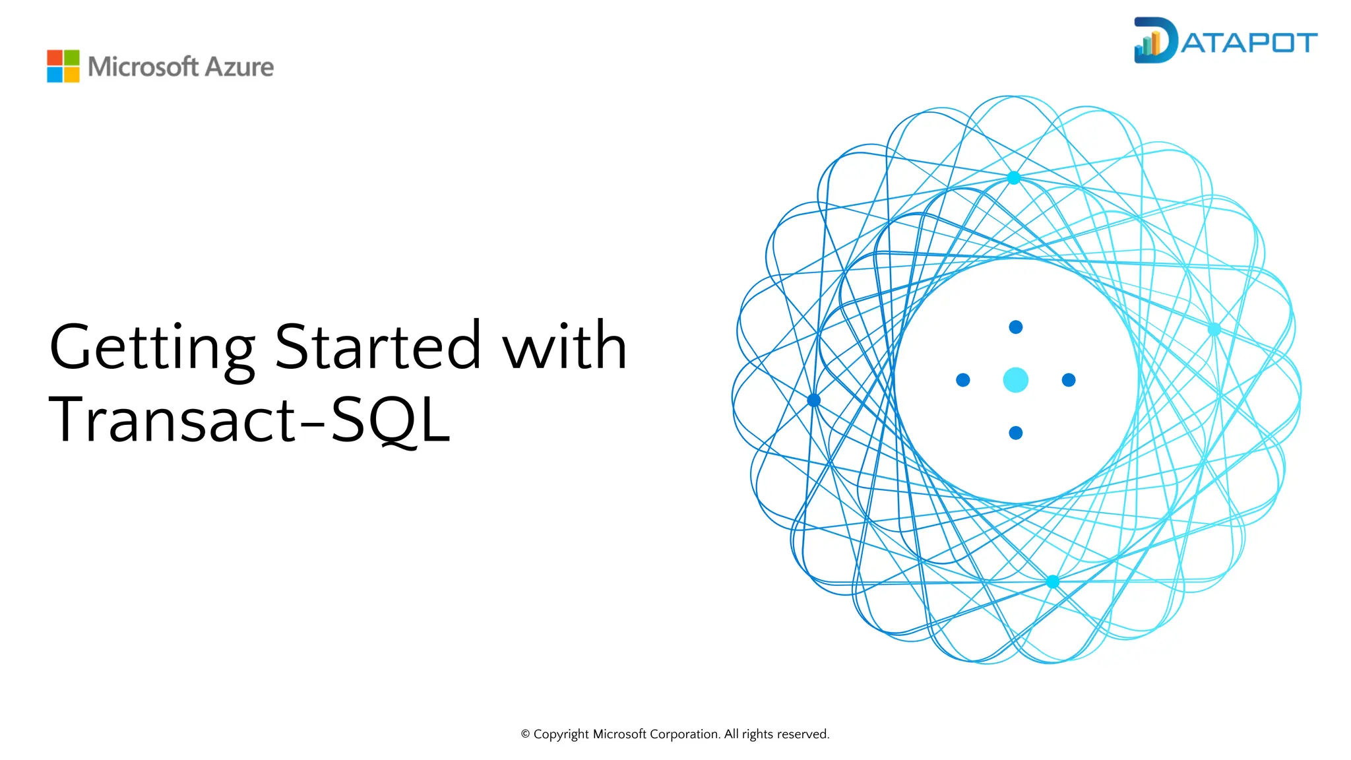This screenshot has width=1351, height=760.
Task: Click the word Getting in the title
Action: (x=152, y=348)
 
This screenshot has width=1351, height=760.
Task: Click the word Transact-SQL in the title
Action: (x=249, y=420)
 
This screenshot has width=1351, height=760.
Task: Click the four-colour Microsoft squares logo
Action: (x=63, y=66)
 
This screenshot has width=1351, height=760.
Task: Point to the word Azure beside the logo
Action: (x=239, y=67)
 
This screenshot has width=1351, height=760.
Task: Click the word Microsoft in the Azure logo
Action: (x=142, y=67)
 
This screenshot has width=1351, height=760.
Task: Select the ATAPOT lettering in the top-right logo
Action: (x=1249, y=43)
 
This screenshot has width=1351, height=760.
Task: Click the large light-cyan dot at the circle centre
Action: (x=1015, y=380)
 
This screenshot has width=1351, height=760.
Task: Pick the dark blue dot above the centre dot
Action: (x=1015, y=327)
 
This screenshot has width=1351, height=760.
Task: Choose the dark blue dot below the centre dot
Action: (x=1015, y=433)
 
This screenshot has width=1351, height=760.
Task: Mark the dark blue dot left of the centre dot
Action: (x=962, y=380)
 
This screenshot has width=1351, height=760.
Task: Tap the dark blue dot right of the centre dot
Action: (x=1069, y=380)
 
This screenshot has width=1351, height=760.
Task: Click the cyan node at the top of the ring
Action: (x=1014, y=177)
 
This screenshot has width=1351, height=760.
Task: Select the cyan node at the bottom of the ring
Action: (x=1052, y=582)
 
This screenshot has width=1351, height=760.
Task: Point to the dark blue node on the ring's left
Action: (x=814, y=400)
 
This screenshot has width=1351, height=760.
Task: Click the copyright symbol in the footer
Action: (x=525, y=734)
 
